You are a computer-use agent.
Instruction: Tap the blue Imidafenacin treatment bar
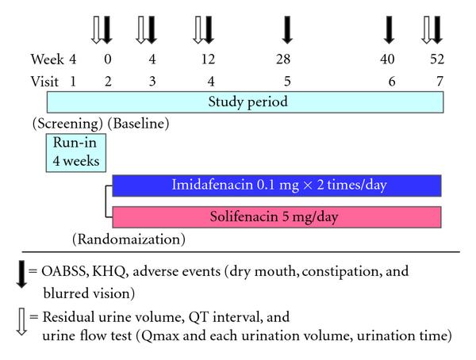click(276, 186)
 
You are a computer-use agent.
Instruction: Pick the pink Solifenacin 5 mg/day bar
click(276, 216)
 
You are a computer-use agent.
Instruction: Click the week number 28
click(284, 59)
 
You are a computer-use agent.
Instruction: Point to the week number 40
click(389, 59)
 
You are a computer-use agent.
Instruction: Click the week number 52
click(436, 59)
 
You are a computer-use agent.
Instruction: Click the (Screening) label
click(67, 124)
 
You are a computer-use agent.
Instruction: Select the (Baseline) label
click(139, 124)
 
